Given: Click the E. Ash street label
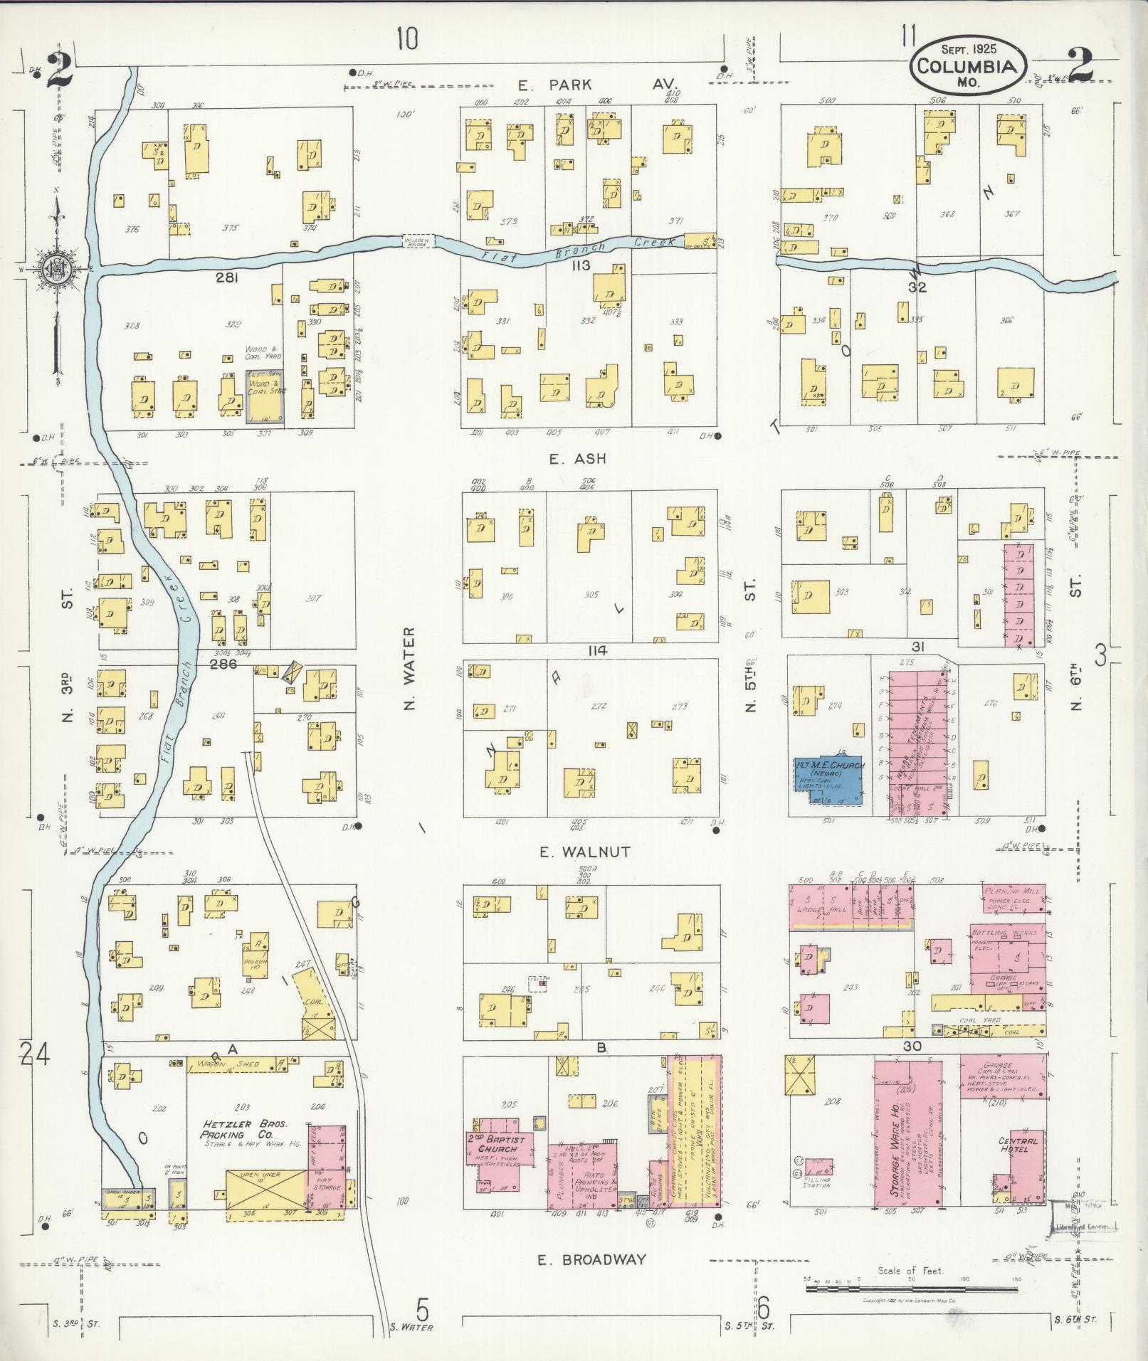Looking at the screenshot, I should click(577, 459).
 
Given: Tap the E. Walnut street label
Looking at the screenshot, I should click(584, 852).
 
